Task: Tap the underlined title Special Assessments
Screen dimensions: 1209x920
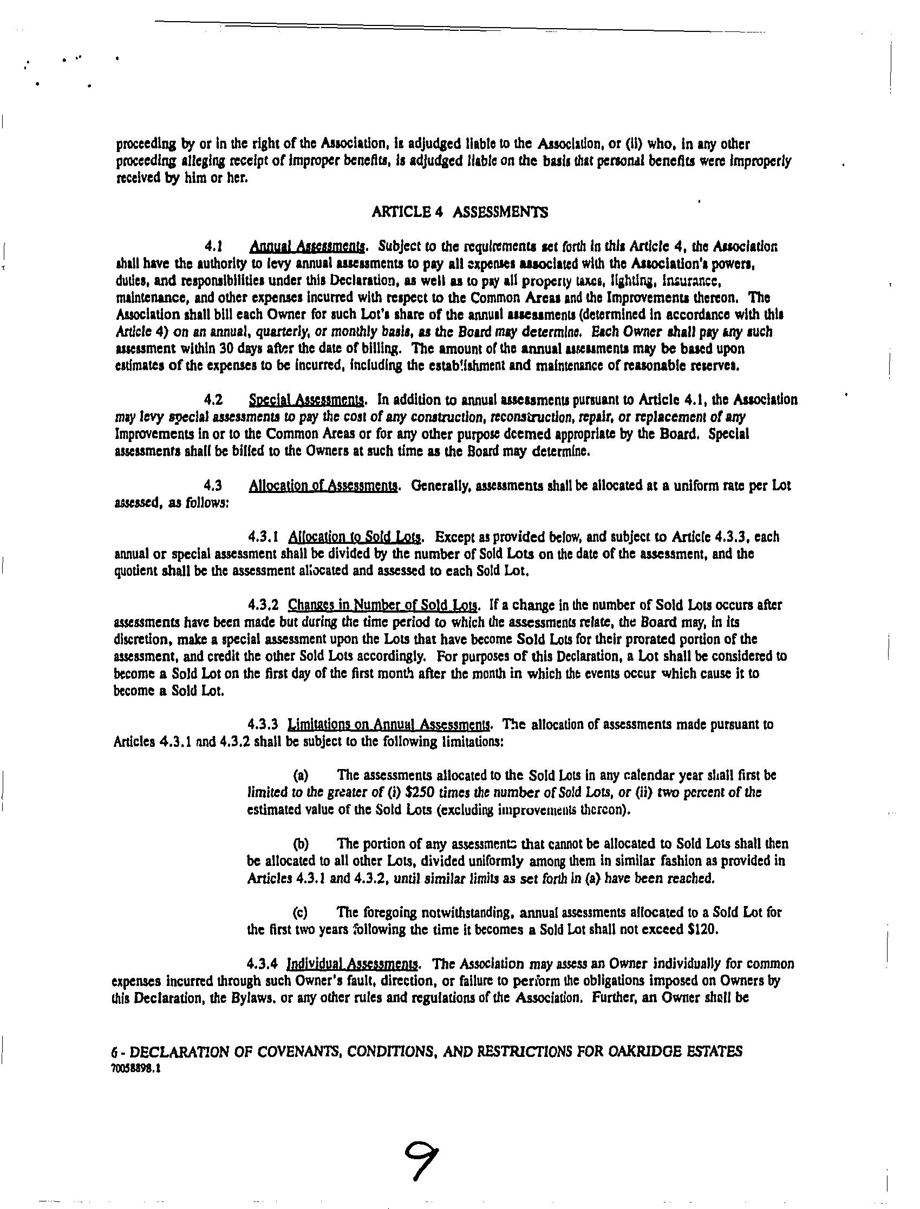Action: click(306, 400)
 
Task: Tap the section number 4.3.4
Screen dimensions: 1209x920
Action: click(264, 963)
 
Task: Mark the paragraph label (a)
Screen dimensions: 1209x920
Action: click(301, 776)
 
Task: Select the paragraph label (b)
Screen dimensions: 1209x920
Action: click(301, 844)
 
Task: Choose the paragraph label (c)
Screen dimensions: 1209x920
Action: click(300, 912)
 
